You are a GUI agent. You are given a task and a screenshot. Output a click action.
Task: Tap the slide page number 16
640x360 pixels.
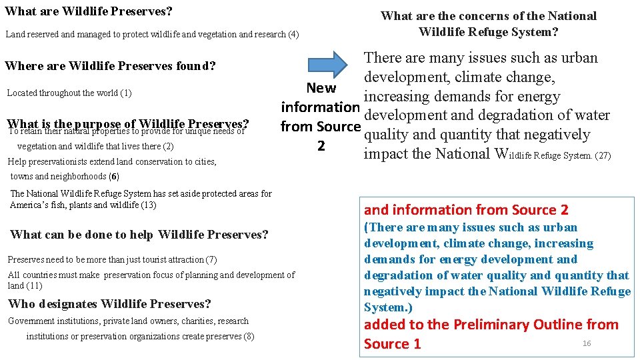pos(587,343)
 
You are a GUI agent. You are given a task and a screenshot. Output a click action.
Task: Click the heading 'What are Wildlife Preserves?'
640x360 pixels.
pos(88,11)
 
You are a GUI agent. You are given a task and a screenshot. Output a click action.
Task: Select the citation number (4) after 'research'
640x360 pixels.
pos(293,34)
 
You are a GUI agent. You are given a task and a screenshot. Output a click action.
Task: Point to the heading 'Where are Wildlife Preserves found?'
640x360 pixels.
pos(110,66)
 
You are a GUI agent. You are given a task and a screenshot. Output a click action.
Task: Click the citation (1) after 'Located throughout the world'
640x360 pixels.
pos(125,93)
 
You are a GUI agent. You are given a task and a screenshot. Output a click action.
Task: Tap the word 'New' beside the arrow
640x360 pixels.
pos(321,88)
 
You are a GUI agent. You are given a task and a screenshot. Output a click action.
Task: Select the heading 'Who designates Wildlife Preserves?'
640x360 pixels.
pos(109,304)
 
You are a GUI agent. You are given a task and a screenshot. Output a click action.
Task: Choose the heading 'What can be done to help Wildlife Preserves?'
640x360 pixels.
pos(139,235)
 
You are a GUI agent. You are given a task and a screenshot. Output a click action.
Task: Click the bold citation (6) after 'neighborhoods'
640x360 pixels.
pos(115,176)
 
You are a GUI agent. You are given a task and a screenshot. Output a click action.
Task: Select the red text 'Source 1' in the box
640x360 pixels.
pos(393,344)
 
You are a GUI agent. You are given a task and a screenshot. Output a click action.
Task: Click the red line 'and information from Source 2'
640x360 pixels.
pos(466,210)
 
